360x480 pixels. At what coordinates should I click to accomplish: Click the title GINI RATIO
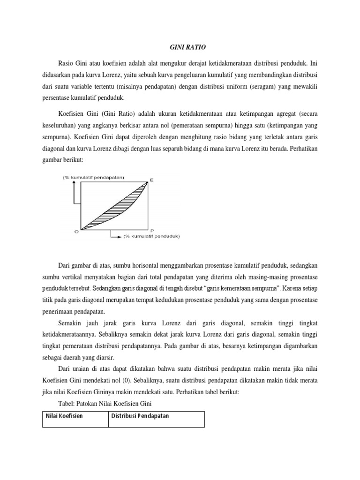[180, 47]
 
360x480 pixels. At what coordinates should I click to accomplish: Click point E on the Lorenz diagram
[151, 180]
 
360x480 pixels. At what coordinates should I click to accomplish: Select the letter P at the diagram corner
[151, 231]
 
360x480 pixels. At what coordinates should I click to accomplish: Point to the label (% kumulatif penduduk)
[151, 236]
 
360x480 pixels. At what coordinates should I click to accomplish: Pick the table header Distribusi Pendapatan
[140, 416]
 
